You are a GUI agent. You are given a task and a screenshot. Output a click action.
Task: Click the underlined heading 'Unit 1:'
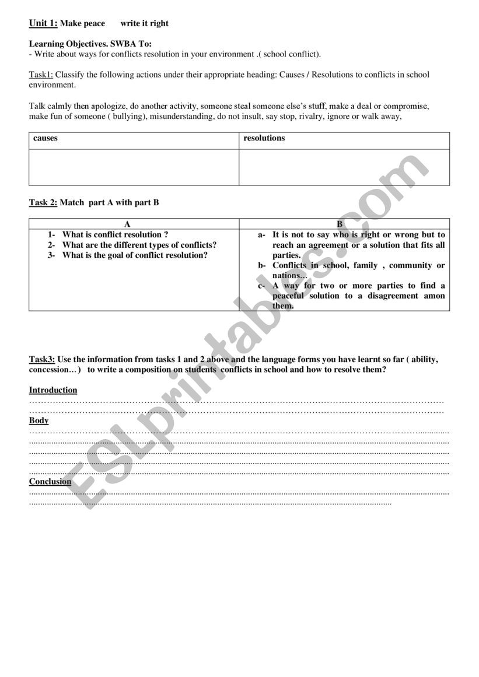tap(43, 23)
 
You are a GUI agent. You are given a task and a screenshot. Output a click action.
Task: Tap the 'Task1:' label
tap(41, 75)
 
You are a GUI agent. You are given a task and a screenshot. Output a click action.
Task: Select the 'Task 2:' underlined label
tap(43, 203)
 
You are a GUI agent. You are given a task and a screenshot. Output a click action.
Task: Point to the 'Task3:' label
tap(42, 360)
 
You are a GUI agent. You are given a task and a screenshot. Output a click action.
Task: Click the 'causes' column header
tap(46, 139)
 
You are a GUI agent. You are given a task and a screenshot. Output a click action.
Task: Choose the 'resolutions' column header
tap(264, 138)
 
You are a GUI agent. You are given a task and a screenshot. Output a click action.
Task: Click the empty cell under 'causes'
tap(134, 167)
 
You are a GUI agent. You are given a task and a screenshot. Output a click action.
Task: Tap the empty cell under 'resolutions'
tap(344, 167)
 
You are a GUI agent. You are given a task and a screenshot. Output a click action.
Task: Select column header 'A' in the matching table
tap(127, 224)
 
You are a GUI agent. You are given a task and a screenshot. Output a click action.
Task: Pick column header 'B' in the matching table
tap(340, 224)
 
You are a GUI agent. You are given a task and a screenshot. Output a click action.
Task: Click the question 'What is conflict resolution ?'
tap(115, 235)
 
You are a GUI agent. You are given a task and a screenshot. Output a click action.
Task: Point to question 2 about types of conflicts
tap(139, 245)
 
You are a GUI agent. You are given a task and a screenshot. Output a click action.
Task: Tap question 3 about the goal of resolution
tap(135, 255)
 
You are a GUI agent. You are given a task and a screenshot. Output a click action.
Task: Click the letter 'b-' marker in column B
tap(261, 266)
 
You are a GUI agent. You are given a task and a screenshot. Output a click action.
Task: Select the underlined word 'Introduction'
tap(53, 390)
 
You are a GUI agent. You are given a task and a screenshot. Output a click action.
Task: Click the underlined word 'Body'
tap(39, 420)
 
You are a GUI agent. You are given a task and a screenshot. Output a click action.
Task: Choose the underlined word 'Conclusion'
tap(50, 482)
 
